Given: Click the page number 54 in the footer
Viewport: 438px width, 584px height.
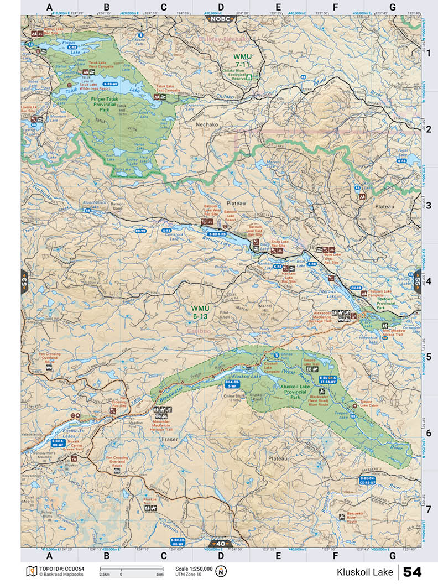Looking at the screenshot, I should pyautogui.click(x=413, y=572).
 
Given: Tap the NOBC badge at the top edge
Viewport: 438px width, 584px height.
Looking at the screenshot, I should pyautogui.click(x=221, y=18).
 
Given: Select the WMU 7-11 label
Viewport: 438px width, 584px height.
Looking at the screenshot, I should pyautogui.click(x=244, y=60).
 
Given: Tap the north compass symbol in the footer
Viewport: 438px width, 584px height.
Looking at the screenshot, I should pyautogui.click(x=221, y=571).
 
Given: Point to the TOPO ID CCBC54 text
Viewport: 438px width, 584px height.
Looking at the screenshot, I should pyautogui.click(x=61, y=569).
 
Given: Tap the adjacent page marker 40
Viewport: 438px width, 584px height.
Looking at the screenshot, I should pyautogui.click(x=221, y=543).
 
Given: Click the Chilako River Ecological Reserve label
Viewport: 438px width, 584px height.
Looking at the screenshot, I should pyautogui.click(x=230, y=76).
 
